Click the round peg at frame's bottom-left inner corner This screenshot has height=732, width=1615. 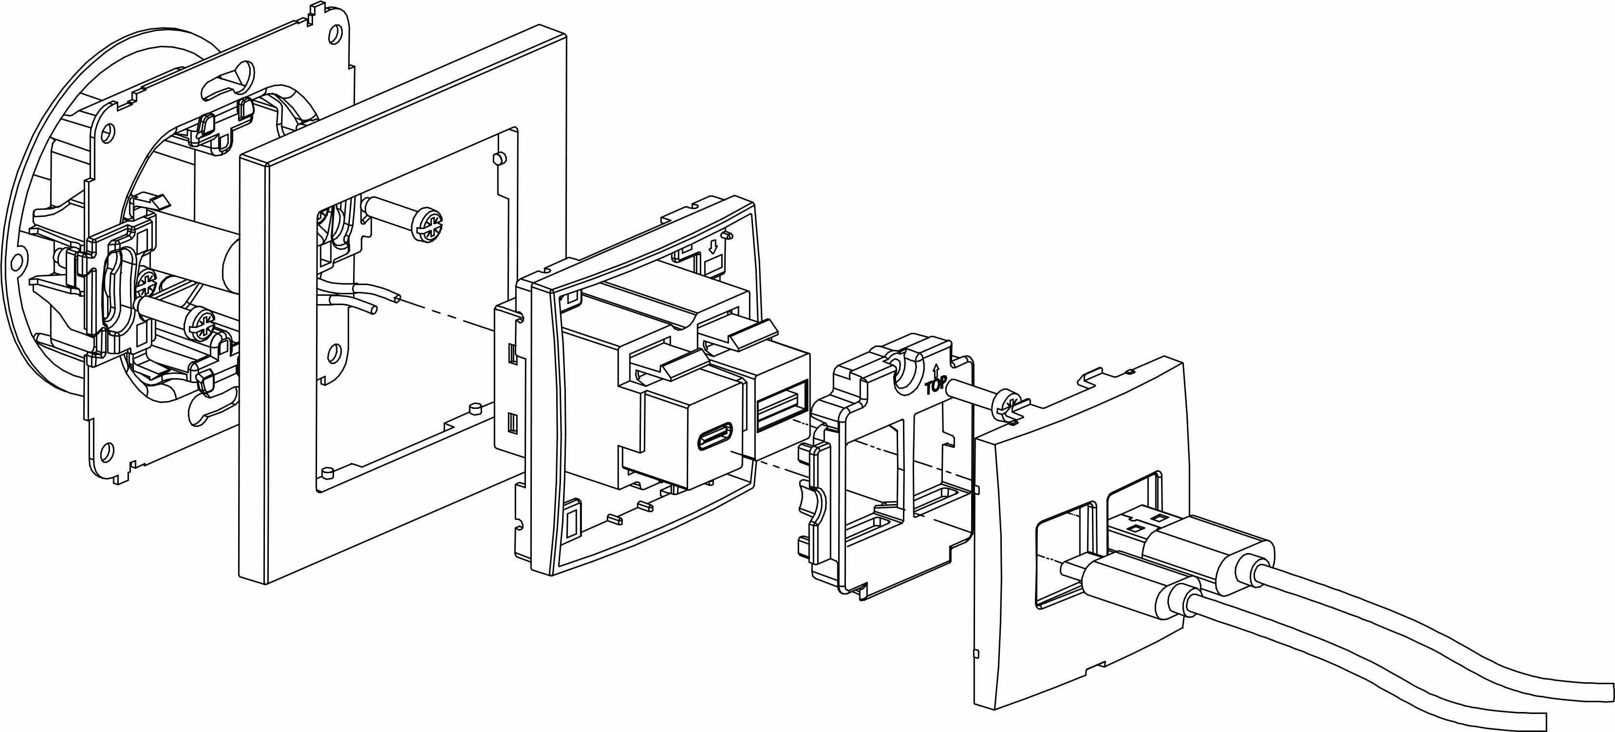[x=325, y=471]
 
